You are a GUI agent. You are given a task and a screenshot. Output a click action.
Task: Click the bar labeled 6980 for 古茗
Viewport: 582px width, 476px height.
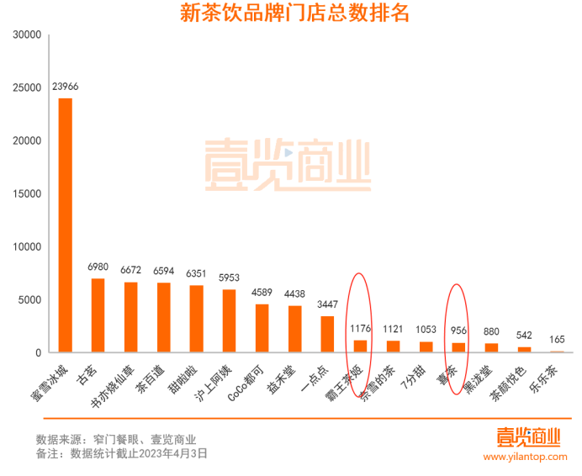coord(98,315)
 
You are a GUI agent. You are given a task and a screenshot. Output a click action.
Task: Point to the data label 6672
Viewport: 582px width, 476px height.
coord(130,270)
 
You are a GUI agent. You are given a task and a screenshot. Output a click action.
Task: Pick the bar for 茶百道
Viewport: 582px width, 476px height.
coord(163,317)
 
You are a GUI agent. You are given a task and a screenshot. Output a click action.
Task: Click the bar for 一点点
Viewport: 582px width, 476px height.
coord(327,334)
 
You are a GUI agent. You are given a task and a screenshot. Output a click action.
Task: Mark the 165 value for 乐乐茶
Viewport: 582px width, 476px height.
coord(557,339)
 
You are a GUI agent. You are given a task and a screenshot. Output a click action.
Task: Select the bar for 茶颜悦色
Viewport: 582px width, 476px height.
coord(524,349)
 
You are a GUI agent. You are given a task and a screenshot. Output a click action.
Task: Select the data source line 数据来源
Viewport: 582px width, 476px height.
coord(116,438)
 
